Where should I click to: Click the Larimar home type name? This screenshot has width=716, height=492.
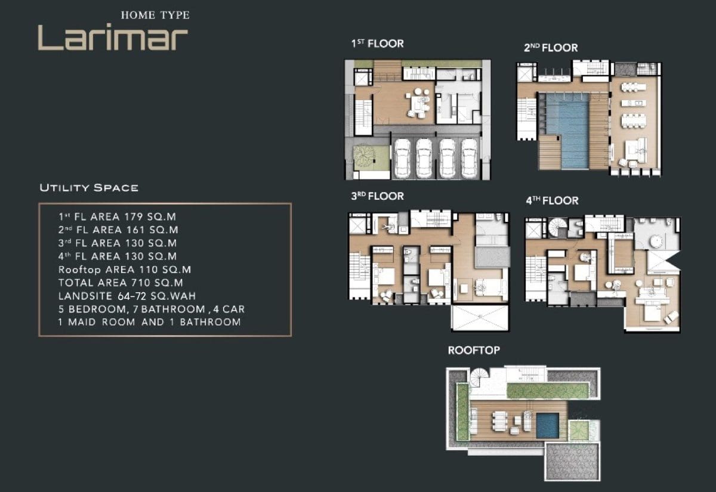tap(113, 37)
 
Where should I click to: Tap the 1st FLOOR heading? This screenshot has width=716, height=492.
tap(378, 44)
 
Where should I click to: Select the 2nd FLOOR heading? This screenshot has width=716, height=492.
tap(551, 48)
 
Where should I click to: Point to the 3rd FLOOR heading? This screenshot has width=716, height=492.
tap(378, 196)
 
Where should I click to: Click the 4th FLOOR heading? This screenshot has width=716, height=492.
tap(552, 200)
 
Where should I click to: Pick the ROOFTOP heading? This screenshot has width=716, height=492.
tap(474, 350)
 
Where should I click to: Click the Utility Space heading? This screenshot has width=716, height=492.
tap(89, 187)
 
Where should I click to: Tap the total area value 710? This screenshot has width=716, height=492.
tap(141, 283)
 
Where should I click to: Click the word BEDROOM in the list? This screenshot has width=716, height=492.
tap(97, 309)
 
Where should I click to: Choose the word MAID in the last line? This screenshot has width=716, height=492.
tap(82, 321)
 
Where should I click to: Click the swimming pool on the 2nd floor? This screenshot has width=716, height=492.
tap(567, 131)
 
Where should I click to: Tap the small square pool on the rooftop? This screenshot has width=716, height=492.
tap(548, 425)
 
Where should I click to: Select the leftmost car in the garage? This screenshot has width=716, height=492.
tap(402, 158)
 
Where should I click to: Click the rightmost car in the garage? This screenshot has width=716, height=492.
tap(468, 158)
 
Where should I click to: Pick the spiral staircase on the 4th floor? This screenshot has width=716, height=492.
tap(557, 227)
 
